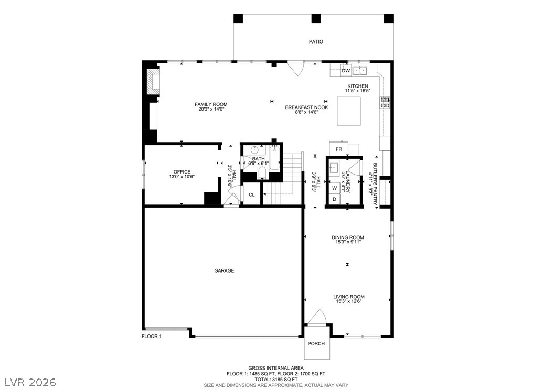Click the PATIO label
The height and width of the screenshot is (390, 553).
click(x=316, y=41)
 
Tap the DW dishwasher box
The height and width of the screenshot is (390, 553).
click(x=346, y=71)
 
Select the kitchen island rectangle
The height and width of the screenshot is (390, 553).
click(x=349, y=111)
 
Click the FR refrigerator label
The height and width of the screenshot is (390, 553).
click(x=339, y=149)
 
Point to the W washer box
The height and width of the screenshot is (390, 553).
click(x=335, y=188)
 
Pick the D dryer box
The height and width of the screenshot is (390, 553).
click(x=335, y=199)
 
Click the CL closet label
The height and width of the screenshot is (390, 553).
click(x=252, y=195)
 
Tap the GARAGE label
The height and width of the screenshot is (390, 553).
click(x=225, y=270)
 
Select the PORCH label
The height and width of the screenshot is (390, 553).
click(x=316, y=343)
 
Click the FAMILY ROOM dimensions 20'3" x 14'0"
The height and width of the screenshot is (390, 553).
click(x=211, y=109)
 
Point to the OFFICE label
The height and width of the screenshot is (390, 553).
click(x=182, y=172)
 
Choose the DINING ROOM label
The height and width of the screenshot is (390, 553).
click(x=348, y=237)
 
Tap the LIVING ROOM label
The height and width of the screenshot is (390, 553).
click(x=349, y=297)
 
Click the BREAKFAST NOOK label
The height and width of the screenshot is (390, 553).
click(x=307, y=107)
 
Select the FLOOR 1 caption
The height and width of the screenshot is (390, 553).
click(x=152, y=336)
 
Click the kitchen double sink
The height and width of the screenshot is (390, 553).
click(x=359, y=71)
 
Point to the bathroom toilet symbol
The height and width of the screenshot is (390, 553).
click(x=262, y=173)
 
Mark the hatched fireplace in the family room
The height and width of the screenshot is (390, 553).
click(x=153, y=81)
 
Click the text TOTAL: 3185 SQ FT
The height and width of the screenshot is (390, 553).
click(x=276, y=380)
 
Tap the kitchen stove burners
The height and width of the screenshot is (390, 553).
click(x=385, y=102)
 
